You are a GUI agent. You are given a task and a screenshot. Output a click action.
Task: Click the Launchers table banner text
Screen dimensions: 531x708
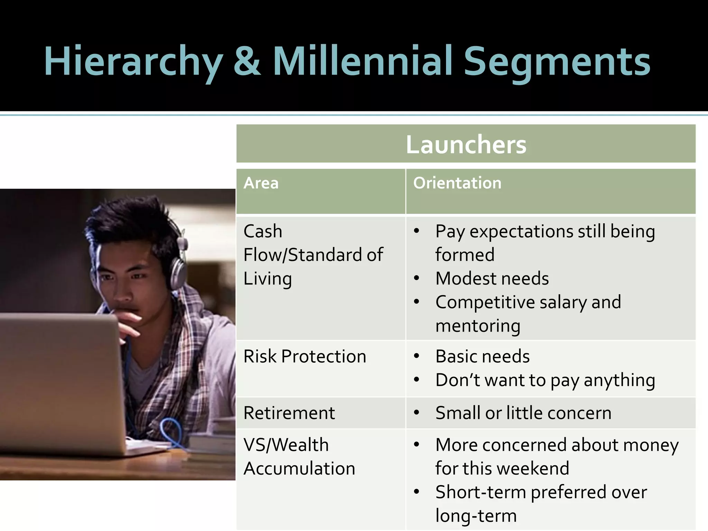(x=466, y=145)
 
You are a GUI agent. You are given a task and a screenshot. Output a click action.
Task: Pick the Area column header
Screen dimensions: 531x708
(x=261, y=183)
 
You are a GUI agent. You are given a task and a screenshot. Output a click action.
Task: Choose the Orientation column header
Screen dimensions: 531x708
(x=457, y=183)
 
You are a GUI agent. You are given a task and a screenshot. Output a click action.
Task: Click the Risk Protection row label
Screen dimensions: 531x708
(x=305, y=356)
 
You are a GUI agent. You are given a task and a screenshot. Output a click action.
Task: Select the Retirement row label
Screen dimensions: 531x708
(x=289, y=413)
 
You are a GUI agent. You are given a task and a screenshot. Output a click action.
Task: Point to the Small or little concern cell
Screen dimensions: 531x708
(x=523, y=413)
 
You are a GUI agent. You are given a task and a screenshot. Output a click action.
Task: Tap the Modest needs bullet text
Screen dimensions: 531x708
(x=492, y=278)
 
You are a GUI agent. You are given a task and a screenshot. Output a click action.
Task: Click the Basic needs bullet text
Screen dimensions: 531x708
(x=482, y=356)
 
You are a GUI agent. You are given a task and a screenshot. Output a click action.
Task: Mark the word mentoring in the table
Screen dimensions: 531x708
(x=478, y=326)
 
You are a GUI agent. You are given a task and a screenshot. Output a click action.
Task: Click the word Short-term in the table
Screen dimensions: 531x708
(x=481, y=492)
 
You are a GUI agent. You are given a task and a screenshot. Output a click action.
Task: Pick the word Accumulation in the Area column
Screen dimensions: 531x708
(x=299, y=468)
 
